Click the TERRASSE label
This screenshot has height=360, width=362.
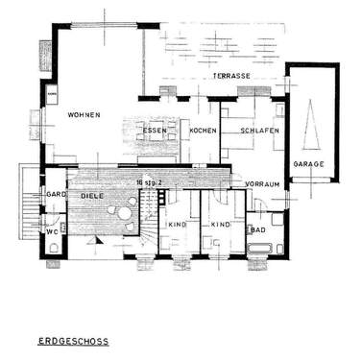231,76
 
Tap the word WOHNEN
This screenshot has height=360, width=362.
84,115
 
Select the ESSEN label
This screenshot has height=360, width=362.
156,131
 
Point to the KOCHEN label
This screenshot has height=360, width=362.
203,131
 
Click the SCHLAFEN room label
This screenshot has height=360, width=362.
260,131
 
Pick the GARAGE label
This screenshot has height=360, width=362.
309,164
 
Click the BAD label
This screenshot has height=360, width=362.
257,230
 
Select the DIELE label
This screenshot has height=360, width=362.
92,196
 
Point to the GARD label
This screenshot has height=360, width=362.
55,195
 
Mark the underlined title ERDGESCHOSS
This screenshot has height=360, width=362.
73,340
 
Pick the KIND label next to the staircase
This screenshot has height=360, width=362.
177,225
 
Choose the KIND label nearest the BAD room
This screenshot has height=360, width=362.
220,225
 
